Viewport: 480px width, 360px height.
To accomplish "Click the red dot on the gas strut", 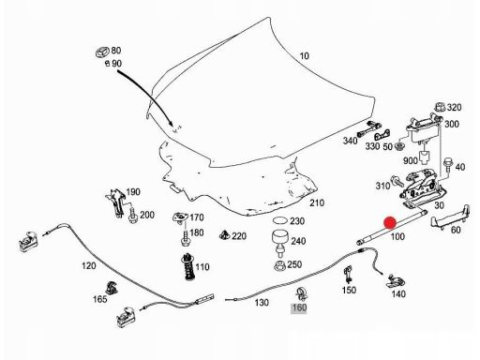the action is coord(390,223).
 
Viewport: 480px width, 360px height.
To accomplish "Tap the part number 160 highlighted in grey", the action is coord(299,307).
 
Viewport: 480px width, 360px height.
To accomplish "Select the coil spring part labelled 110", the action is coord(188,266).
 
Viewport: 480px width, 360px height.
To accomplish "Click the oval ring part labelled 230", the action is coord(280,220).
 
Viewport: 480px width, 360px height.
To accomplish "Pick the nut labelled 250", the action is coord(279,265).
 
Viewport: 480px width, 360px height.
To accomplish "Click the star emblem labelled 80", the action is coord(102,52).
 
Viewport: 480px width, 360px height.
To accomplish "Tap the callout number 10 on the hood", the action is coord(304,56).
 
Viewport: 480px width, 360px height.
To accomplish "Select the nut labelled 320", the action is coord(440,107).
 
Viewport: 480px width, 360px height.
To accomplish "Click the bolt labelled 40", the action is coord(448,164).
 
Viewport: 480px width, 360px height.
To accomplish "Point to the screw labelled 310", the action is coord(397,181).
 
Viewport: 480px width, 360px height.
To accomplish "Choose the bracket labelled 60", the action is coord(451,217).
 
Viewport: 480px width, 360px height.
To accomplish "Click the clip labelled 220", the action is coord(224,235).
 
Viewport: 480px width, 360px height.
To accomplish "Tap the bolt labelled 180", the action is coord(185,238).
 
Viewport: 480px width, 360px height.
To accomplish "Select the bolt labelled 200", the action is coord(133,216).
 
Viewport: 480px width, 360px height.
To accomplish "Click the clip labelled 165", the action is coord(112,288).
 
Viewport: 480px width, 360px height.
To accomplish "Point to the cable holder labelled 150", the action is coord(348,274).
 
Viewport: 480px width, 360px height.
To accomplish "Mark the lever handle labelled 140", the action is coord(395,281).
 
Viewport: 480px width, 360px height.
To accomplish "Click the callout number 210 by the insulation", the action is coord(317,202).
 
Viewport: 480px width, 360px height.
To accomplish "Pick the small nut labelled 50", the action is coord(399,146).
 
